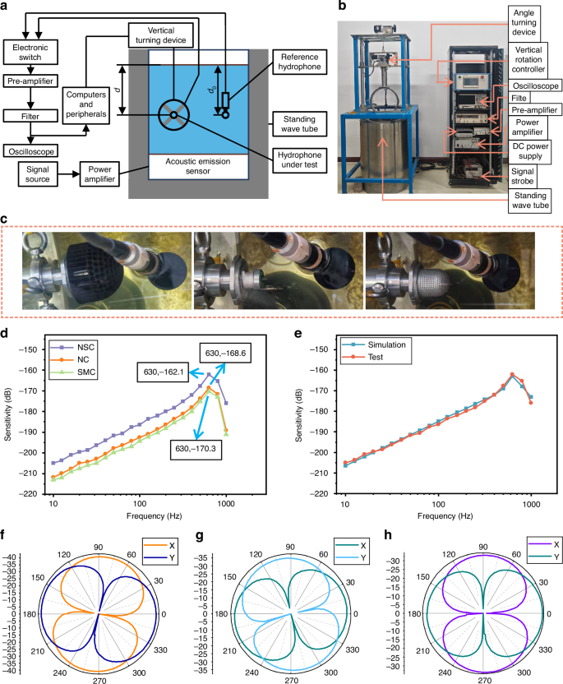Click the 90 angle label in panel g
[x=291, y=547]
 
